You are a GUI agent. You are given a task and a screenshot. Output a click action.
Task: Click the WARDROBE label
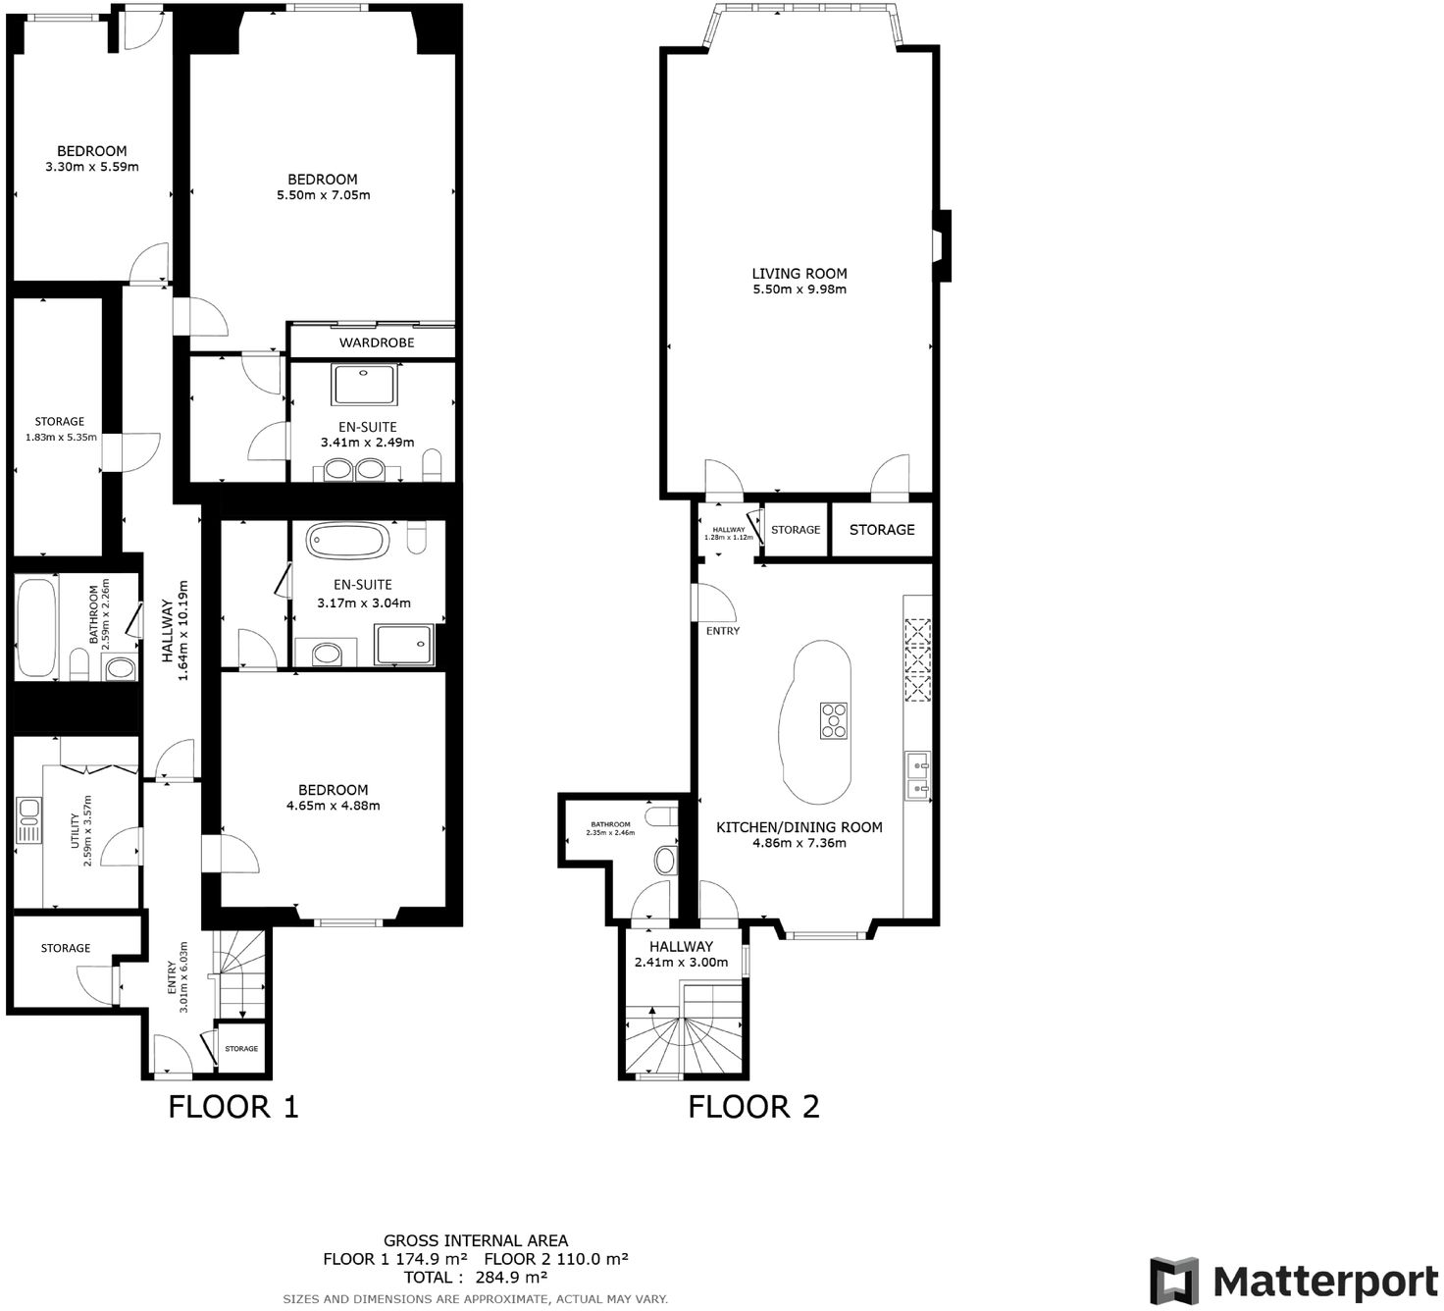[377, 342]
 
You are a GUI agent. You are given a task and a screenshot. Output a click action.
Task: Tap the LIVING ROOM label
[799, 274]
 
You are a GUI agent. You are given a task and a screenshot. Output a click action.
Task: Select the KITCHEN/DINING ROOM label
[799, 827]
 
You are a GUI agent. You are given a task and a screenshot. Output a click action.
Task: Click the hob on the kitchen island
[834, 719]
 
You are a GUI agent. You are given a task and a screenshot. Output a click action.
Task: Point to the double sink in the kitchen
[918, 774]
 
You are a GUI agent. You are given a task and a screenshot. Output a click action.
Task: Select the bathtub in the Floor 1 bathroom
[36, 626]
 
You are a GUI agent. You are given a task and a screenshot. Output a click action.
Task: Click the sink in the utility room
[28, 821]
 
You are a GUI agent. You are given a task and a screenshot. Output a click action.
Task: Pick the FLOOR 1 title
[233, 1107]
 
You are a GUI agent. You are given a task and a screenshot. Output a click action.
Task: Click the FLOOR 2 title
[753, 1107]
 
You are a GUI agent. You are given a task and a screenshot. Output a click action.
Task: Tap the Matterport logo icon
[1174, 1282]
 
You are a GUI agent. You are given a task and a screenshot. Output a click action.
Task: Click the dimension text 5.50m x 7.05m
[323, 195]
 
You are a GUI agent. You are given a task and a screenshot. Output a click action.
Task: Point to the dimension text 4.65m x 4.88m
[334, 806]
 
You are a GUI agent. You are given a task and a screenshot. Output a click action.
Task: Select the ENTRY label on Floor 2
[723, 631]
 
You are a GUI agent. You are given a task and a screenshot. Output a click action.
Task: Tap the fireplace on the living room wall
[940, 245]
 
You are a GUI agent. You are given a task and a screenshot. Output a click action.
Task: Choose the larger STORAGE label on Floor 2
[881, 530]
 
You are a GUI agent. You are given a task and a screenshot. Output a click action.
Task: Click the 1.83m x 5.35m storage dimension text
[60, 438]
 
